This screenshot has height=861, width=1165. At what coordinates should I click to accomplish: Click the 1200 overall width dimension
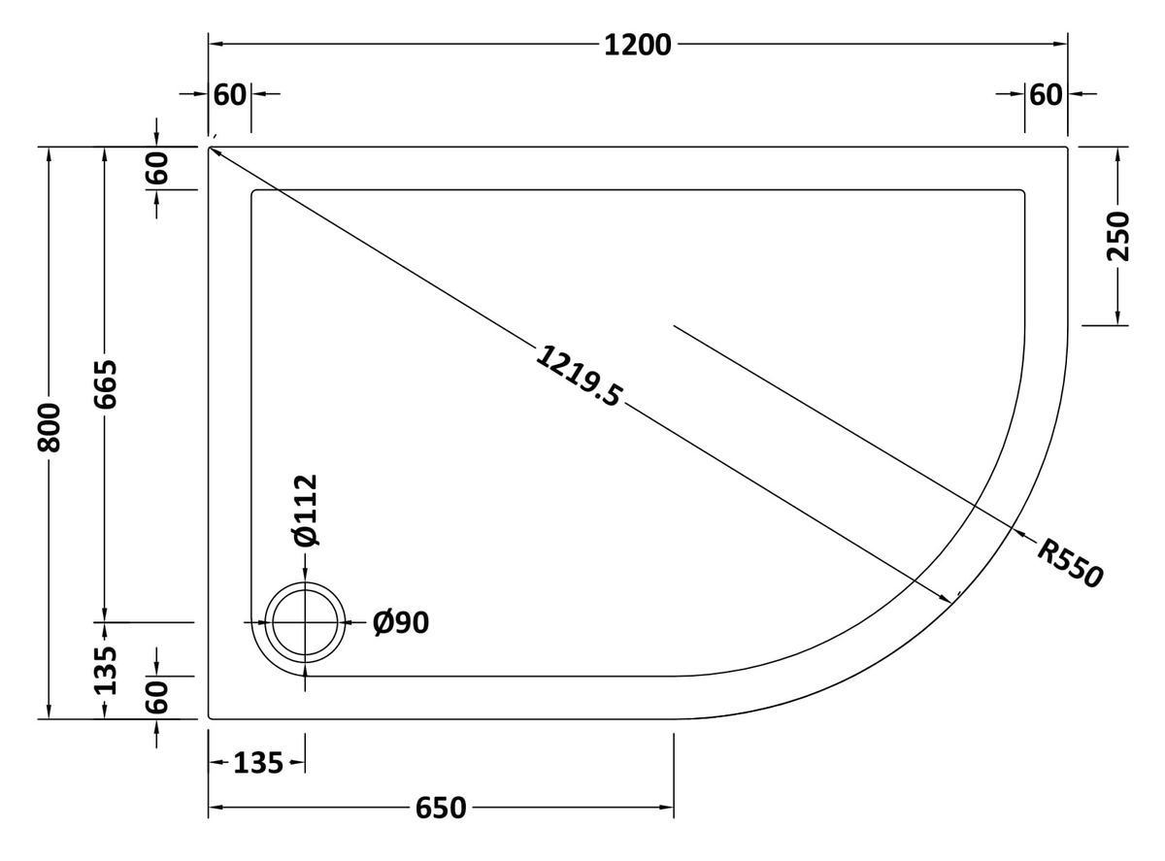point(637,46)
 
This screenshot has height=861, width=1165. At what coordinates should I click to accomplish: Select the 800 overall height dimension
point(50,428)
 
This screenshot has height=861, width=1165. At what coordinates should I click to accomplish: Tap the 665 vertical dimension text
point(105,384)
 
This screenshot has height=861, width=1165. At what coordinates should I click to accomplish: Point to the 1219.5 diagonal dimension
point(579,375)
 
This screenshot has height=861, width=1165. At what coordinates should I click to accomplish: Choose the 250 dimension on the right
point(1117,237)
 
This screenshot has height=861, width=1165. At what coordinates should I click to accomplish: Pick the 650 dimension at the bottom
point(441,808)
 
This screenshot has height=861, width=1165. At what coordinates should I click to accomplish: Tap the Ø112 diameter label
point(306,511)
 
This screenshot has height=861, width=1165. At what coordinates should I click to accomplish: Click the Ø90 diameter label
point(401,623)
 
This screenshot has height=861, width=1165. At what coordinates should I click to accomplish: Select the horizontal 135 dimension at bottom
point(258,763)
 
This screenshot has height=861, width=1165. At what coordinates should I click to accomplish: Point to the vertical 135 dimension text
point(105,671)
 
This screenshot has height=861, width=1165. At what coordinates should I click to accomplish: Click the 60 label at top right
point(1046,95)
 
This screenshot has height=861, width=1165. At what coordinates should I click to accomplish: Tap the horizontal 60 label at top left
point(229,95)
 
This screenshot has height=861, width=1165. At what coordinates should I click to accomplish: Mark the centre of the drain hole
point(305,622)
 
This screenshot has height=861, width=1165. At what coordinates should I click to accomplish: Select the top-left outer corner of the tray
point(209,148)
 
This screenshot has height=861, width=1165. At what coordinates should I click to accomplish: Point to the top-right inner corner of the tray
point(1023,190)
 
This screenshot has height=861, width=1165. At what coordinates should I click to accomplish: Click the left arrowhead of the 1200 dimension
point(216,44)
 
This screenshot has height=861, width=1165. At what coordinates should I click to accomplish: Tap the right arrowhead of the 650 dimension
point(667,808)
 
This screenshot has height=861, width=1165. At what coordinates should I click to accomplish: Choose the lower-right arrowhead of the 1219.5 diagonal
point(946,599)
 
